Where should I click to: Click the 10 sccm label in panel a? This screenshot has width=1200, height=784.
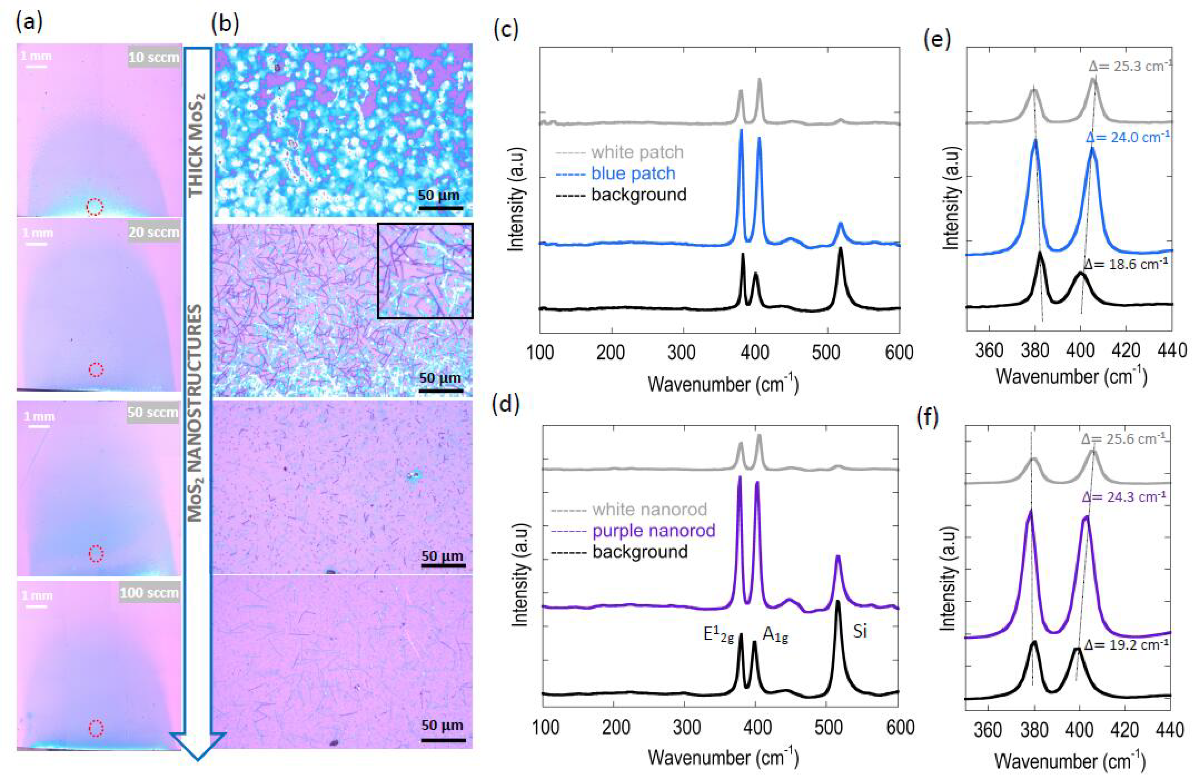coord(153,57)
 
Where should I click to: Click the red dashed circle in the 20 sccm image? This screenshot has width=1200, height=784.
coord(96,370)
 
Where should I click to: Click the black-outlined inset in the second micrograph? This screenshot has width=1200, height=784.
coord(425,271)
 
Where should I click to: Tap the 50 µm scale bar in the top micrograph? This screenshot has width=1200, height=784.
coord(440,207)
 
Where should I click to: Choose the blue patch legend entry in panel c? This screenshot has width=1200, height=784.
coord(633,173)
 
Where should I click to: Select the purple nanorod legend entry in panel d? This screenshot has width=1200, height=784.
coord(654,530)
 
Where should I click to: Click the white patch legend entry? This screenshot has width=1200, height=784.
coord(637,152)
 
